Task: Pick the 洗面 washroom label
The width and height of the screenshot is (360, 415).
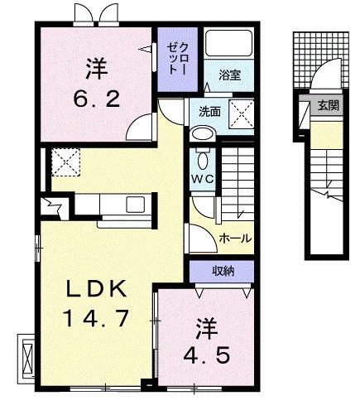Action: click(x=209, y=111)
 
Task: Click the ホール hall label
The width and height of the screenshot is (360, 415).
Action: click(x=235, y=238)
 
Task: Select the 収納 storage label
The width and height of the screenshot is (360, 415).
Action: click(x=221, y=271)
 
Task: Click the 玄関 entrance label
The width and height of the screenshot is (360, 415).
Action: click(x=328, y=105)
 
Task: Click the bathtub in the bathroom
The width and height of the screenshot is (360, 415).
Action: click(x=228, y=46)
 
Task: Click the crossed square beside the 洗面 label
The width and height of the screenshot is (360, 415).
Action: click(x=241, y=110)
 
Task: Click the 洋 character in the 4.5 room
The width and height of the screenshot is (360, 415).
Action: click(x=205, y=327)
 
